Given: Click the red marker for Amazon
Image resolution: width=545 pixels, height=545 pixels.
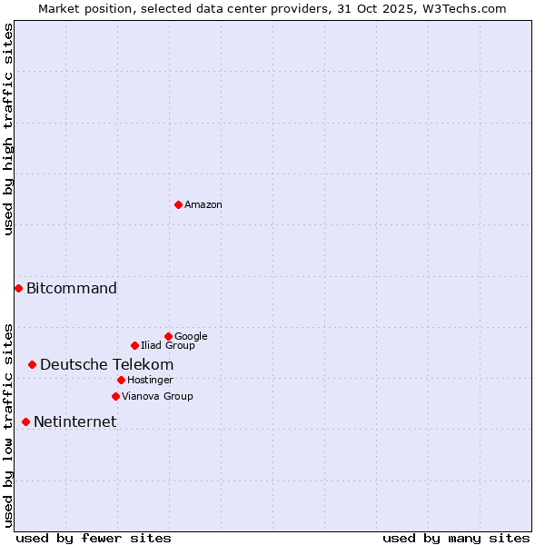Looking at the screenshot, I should pyautogui.click(x=178, y=204).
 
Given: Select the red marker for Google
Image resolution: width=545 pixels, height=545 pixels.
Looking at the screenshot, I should pyautogui.click(x=168, y=336).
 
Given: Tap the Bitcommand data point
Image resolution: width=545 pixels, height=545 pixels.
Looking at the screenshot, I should pyautogui.click(x=18, y=288).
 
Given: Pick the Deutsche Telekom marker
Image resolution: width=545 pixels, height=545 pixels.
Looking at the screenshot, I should pyautogui.click(x=32, y=364).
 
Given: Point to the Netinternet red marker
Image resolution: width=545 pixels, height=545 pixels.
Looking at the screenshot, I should pyautogui.click(x=25, y=421).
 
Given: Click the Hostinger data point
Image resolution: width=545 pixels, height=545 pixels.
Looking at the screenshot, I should pyautogui.click(x=121, y=380).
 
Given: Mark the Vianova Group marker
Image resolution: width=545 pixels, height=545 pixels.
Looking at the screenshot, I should pyautogui.click(x=115, y=396).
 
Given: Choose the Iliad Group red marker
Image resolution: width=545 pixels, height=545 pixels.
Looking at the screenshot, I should pyautogui.click(x=134, y=345).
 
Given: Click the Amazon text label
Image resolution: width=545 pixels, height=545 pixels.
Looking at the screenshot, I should pyautogui.click(x=203, y=205).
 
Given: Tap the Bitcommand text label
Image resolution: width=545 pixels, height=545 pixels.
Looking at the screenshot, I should pyautogui.click(x=72, y=289).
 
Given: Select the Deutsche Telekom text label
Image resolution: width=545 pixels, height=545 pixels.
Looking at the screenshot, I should pyautogui.click(x=106, y=365).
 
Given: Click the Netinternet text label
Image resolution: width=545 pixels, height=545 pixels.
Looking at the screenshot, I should pyautogui.click(x=74, y=422).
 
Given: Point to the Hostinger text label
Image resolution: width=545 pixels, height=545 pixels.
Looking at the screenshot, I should pyautogui.click(x=150, y=381).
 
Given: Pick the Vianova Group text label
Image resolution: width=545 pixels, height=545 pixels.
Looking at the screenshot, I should pyautogui.click(x=157, y=397).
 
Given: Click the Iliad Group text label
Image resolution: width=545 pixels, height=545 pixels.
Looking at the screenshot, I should pyautogui.click(x=168, y=346).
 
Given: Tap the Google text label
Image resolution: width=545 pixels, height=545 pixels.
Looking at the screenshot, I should pyautogui.click(x=191, y=337).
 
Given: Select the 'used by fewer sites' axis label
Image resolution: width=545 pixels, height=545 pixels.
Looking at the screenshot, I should pyautogui.click(x=94, y=538).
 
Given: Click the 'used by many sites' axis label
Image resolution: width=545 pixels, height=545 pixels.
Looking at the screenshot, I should pyautogui.click(x=456, y=538).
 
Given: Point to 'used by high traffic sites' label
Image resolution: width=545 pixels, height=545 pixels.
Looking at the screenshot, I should pyautogui.click(x=8, y=129).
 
